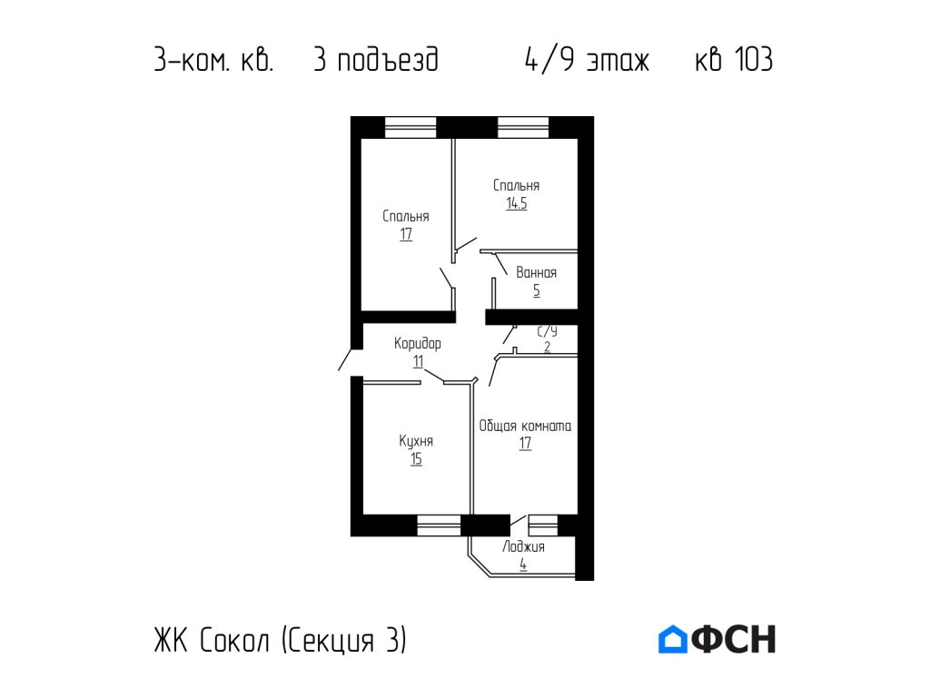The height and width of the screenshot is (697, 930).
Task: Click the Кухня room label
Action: click(416, 441)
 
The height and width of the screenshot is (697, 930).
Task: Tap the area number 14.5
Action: click(516, 203)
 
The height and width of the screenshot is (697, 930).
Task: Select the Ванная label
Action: click(536, 272)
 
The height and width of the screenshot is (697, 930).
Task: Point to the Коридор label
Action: click(418, 344)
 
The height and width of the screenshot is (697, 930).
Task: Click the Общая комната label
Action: click(525, 425)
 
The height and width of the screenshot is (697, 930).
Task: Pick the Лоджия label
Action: click(523, 546)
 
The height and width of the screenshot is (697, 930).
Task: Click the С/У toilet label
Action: click(547, 332)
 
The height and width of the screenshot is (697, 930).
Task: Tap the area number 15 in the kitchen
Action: click(416, 459)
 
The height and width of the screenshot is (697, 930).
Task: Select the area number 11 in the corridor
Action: click(418, 361)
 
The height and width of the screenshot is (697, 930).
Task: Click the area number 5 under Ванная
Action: click(536, 290)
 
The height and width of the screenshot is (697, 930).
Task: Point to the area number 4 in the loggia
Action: click(523, 564)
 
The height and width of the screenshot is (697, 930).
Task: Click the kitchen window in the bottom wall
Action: click(439, 525)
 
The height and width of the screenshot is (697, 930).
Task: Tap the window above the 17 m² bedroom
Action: click(411, 127)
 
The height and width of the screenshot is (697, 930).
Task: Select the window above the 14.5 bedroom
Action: click(523, 127)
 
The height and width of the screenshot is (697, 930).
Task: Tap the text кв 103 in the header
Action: click(733, 61)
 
